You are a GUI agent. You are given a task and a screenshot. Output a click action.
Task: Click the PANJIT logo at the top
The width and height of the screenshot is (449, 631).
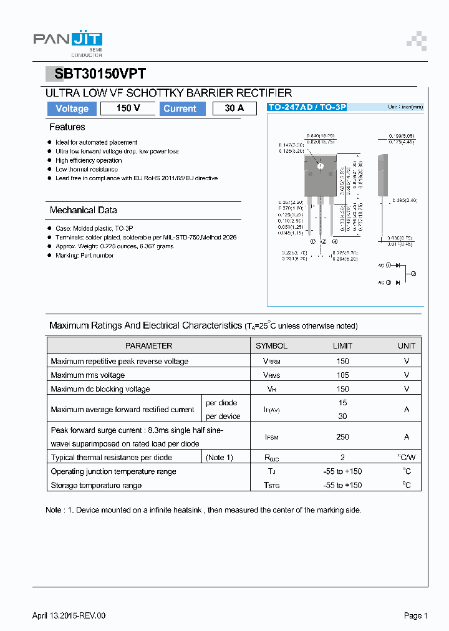tap(67, 41)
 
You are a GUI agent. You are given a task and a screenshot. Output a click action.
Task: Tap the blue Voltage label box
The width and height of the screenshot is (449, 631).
tap(72, 108)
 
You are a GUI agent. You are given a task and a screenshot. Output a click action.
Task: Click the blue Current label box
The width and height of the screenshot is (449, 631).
tap(180, 108)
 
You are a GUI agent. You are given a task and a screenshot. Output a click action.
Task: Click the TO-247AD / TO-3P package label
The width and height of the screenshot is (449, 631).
tap(306, 107)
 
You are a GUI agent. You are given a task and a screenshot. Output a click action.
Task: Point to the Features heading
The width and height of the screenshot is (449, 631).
tap(67, 127)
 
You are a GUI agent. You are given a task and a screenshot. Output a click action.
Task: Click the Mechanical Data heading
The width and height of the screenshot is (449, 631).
tap(83, 210)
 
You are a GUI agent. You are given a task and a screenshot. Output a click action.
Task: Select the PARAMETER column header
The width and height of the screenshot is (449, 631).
tap(148, 345)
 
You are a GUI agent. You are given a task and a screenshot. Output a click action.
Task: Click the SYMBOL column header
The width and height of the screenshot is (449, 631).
tap(271, 345)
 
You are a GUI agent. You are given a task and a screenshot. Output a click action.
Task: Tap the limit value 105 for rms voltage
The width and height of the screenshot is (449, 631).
tap(342, 375)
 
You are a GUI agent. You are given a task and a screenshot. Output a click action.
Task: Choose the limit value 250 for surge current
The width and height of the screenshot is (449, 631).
tap(342, 437)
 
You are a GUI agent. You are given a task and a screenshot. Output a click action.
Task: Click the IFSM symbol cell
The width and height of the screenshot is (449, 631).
tap(271, 437)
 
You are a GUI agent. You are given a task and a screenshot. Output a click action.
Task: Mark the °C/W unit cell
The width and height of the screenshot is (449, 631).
tap(406, 458)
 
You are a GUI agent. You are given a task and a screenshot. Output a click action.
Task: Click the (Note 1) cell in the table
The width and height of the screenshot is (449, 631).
tap(219, 458)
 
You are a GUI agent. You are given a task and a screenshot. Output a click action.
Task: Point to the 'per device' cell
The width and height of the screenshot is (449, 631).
tap(223, 417)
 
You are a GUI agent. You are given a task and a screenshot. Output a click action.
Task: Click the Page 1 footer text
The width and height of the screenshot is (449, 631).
tap(415, 616)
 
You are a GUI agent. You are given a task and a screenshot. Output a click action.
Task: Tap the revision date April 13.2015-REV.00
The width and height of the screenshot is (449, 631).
tap(69, 616)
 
